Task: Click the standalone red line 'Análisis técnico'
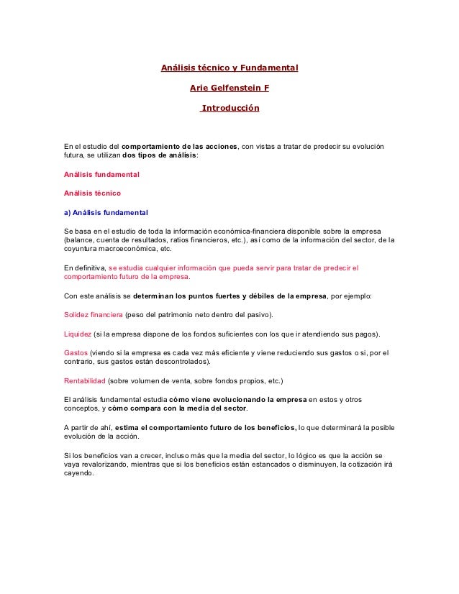point(92,193)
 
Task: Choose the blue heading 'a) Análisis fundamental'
point(106,213)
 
